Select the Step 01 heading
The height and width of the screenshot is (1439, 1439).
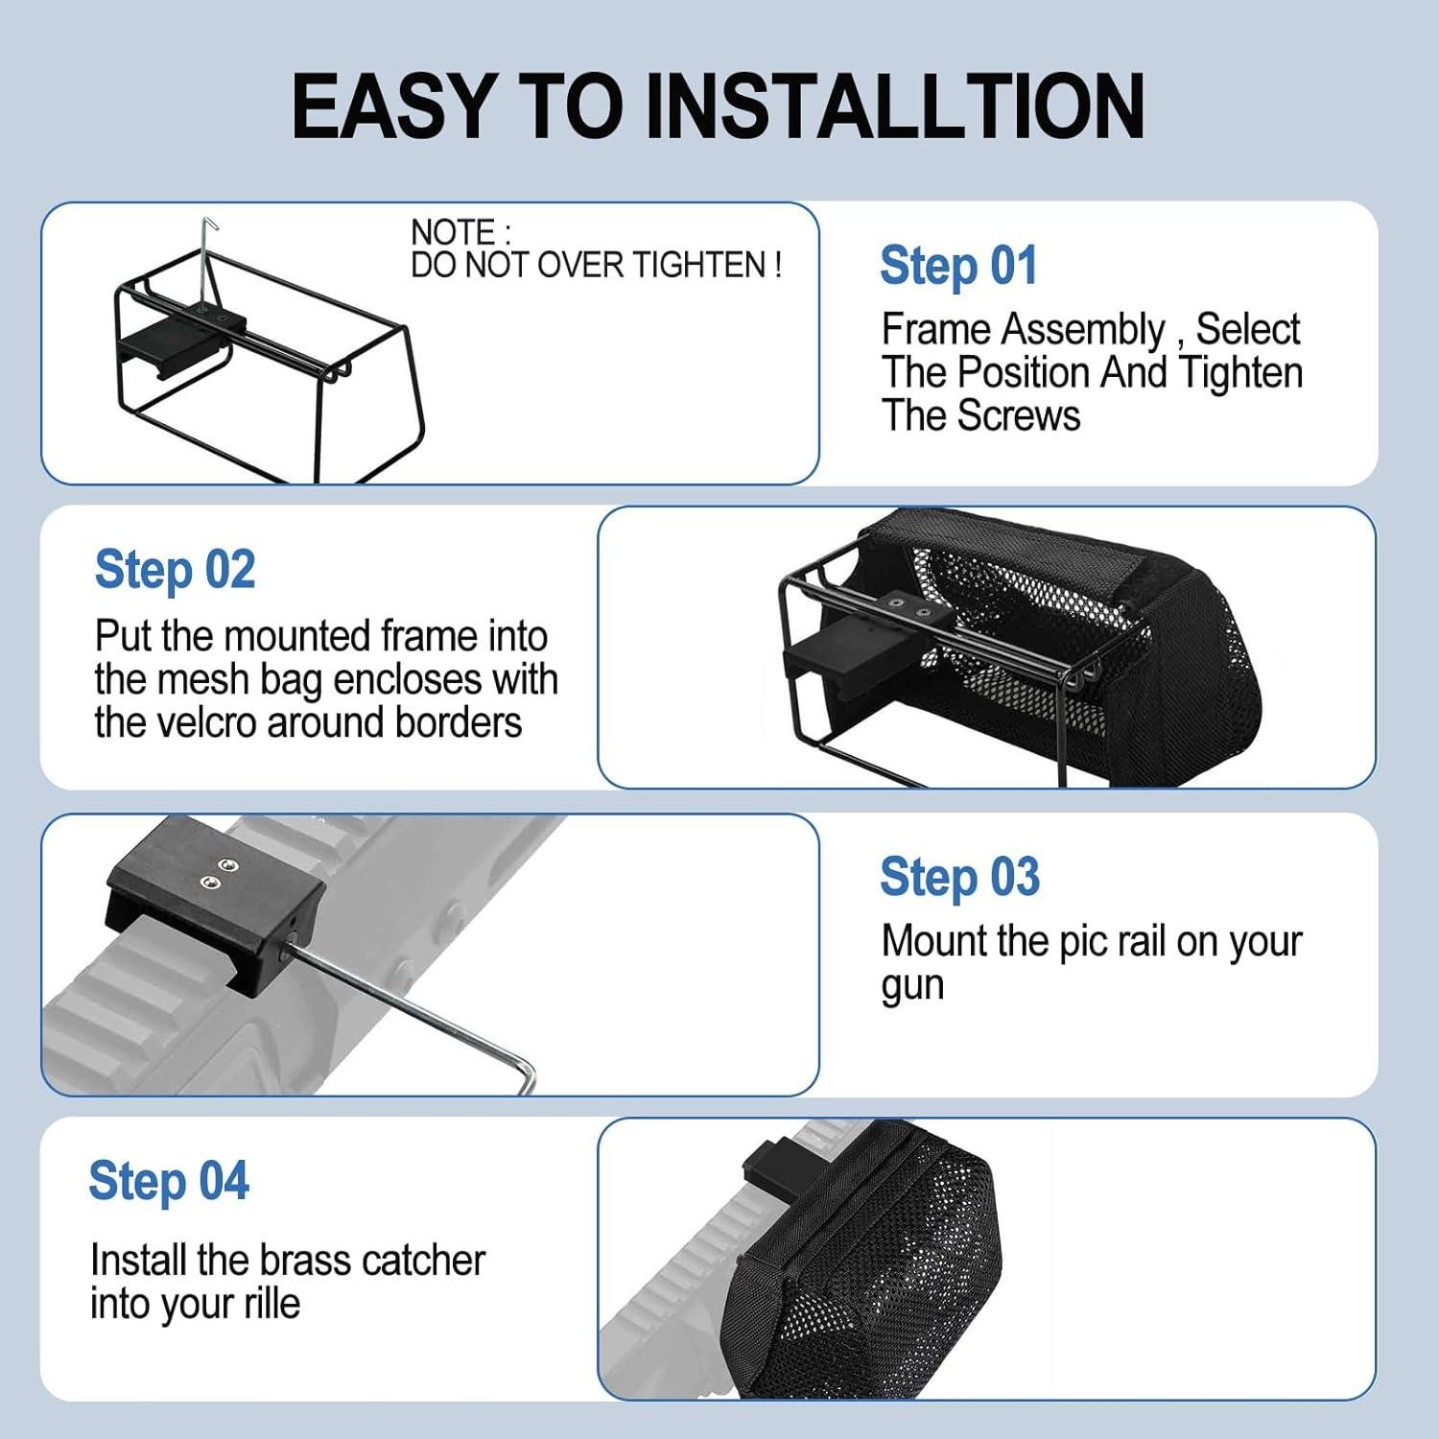958,266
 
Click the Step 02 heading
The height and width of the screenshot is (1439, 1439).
175,570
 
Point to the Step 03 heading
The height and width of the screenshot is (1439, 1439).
959,877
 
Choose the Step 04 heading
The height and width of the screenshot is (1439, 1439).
169,1181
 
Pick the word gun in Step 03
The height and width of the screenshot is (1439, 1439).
912,987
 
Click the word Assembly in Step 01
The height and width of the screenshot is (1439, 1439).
1084,330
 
